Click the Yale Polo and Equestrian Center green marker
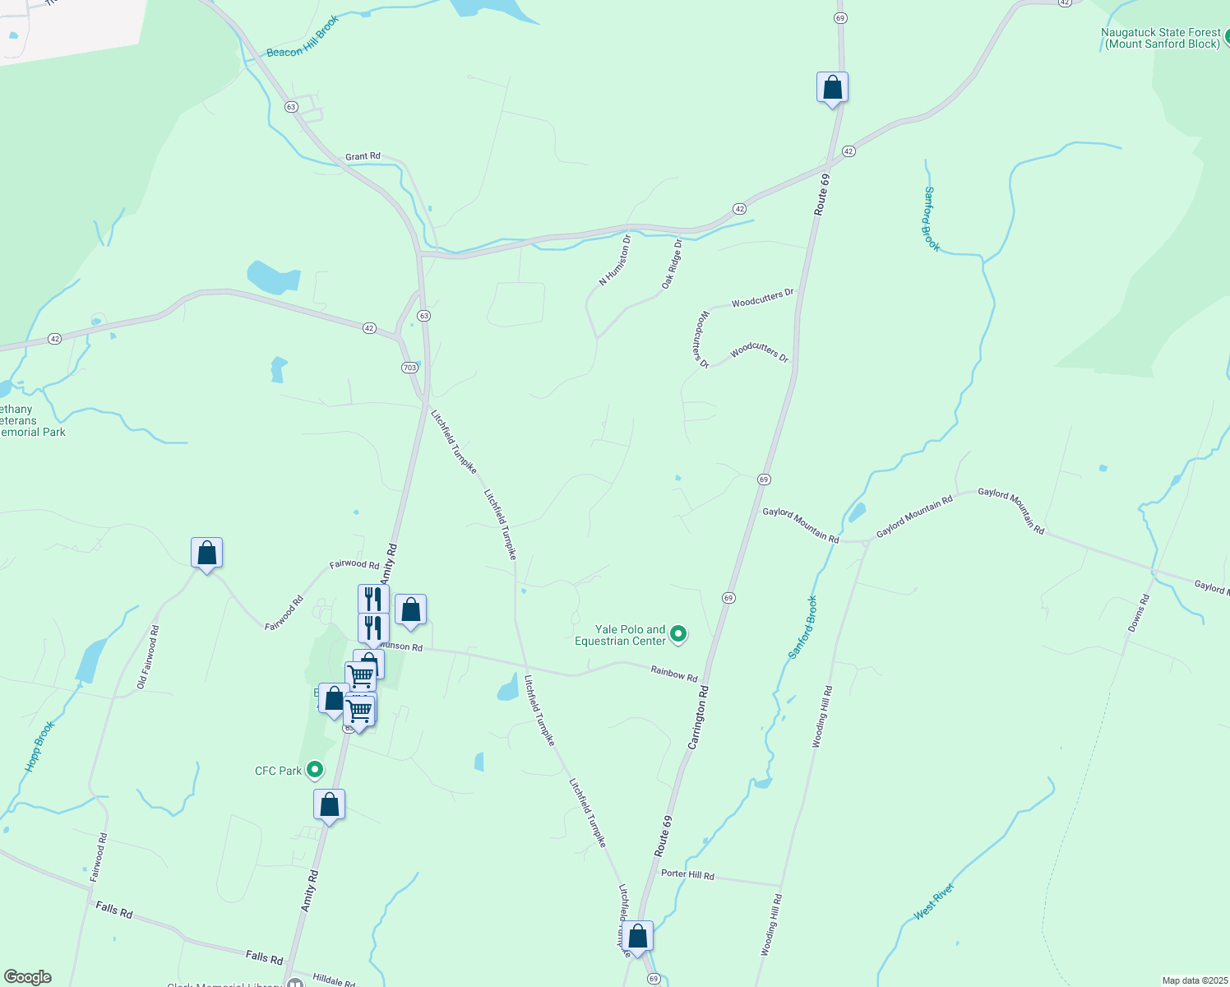point(678,634)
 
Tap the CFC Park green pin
point(314,771)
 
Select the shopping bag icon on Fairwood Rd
point(206,554)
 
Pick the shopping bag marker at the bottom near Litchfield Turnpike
point(637,937)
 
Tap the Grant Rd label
point(363,156)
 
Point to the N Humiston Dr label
point(615,260)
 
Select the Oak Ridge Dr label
point(673,264)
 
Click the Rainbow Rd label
point(674,674)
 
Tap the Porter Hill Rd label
point(687,874)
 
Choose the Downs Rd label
point(1139,612)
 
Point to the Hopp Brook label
point(39,746)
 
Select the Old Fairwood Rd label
point(148,656)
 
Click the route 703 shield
point(409,368)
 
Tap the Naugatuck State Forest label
point(1160,38)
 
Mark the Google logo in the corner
point(28,977)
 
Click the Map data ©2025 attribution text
point(1194,980)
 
